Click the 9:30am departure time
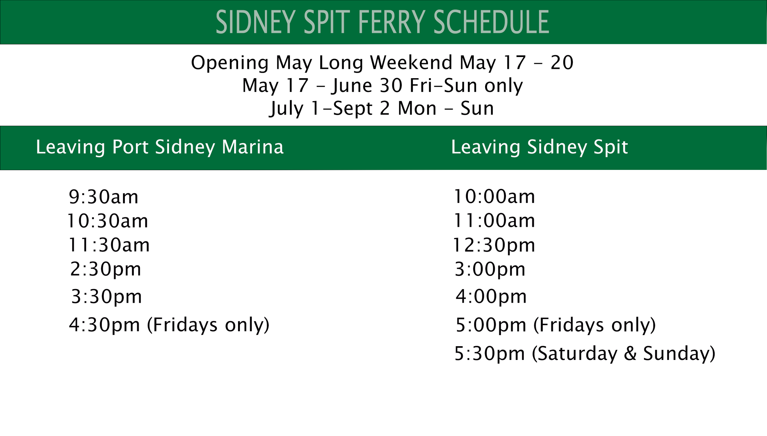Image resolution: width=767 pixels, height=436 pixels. point(103,197)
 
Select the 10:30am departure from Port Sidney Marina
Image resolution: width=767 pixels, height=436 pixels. point(108,221)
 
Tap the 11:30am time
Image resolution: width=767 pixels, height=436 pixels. point(109,245)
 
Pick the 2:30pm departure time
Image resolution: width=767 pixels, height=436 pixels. point(106,270)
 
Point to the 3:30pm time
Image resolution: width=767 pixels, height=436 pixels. point(106,297)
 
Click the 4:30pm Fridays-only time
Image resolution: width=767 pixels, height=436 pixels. point(104,325)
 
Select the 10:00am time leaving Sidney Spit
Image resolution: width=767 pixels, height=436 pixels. point(494,197)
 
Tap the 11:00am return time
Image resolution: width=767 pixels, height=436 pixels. point(494,221)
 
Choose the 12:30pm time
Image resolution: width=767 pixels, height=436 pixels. point(494,245)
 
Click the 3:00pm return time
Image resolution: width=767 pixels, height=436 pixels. point(490,270)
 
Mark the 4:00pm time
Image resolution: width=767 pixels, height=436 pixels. point(491,296)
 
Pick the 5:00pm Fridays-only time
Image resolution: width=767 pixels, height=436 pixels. point(491,325)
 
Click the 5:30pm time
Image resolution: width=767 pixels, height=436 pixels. point(490,354)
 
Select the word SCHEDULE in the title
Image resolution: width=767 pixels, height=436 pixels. point(491,22)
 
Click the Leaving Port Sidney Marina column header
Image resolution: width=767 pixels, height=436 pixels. point(160,147)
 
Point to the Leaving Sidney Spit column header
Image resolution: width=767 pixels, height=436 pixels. point(539,147)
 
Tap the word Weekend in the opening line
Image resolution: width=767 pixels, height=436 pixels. point(411,63)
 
